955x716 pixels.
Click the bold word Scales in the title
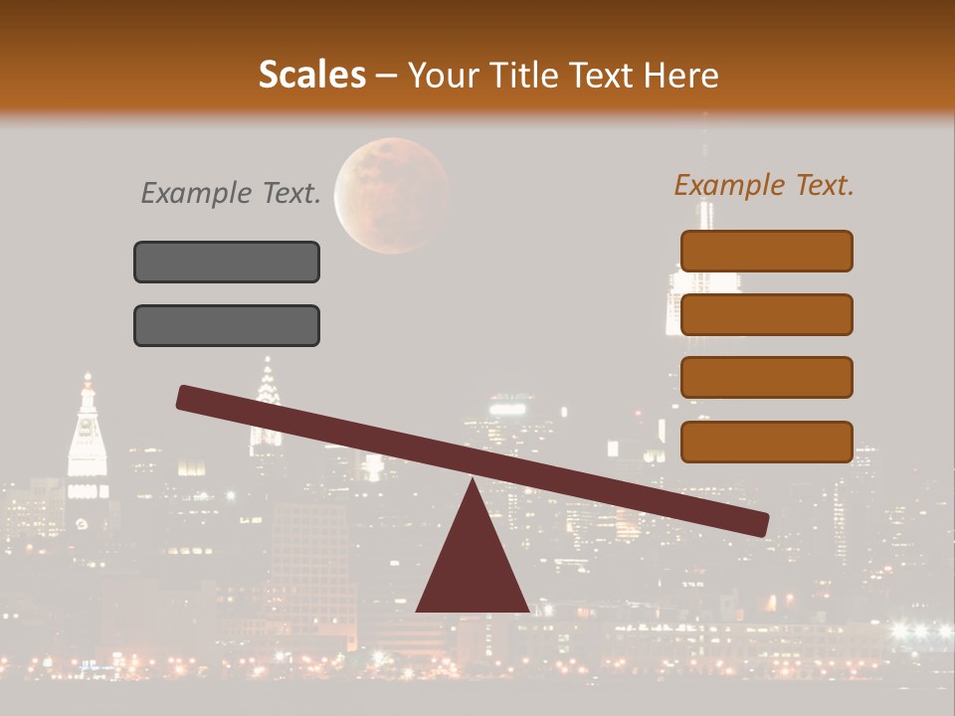click(312, 75)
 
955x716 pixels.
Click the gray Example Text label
click(231, 193)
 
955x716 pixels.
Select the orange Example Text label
click(764, 185)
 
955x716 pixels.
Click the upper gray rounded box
click(227, 262)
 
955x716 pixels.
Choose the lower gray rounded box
click(227, 325)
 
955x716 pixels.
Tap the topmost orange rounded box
click(766, 251)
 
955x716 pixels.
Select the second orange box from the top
click(766, 314)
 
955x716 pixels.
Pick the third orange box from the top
click(766, 378)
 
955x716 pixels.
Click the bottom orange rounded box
click(766, 442)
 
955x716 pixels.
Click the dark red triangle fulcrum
click(472, 567)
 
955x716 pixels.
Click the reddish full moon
click(391, 195)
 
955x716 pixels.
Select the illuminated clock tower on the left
click(87, 443)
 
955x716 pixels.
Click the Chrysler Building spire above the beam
click(267, 383)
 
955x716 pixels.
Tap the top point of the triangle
click(472, 483)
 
